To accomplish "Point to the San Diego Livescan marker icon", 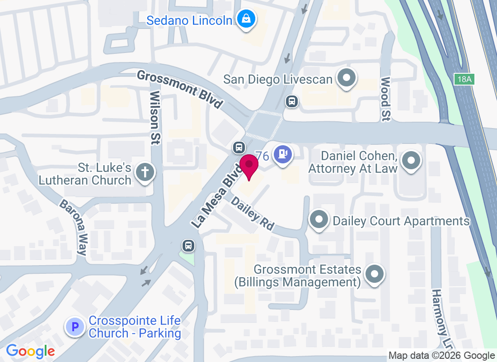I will pos(347,79).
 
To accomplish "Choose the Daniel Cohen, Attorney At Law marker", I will pos(411,161).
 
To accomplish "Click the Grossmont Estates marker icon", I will pos(374,275).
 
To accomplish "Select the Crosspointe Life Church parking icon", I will pos(75,327).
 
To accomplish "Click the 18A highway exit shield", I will pos(464,80).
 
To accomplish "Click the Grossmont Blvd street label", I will pos(180,89).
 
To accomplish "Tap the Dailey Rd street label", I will pos(253,213).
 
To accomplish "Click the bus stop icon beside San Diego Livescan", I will pos(292,101).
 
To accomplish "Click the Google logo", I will pos(30,351).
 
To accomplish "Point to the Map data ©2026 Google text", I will pos(441,356).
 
